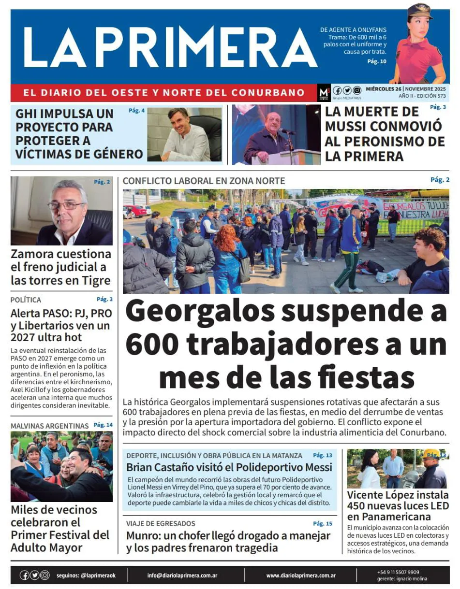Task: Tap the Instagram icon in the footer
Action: [45, 575]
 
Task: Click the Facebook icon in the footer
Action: [24, 575]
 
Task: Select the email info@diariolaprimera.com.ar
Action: [182, 575]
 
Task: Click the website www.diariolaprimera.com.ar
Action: [301, 575]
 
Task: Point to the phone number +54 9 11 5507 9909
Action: [398, 572]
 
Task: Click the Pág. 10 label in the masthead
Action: [377, 61]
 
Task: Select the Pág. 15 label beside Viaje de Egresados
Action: [322, 523]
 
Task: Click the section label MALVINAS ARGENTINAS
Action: [49, 426]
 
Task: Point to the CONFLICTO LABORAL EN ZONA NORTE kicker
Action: [204, 181]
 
